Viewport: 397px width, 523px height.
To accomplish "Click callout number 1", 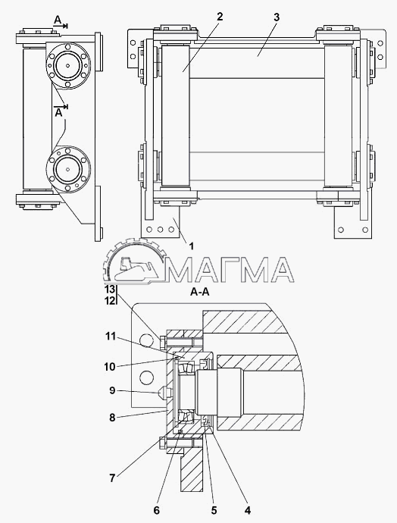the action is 191,246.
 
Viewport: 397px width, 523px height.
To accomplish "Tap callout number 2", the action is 220,17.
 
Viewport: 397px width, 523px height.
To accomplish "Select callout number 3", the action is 277,17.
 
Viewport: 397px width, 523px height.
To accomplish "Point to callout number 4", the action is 247,510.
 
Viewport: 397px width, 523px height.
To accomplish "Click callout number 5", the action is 214,510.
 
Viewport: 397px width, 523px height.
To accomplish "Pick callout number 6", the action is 156,510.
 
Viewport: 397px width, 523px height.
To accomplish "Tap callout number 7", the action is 112,478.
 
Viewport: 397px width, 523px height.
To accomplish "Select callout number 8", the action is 112,418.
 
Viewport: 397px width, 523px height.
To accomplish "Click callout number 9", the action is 112,390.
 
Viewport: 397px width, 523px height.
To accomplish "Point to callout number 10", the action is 110,367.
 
